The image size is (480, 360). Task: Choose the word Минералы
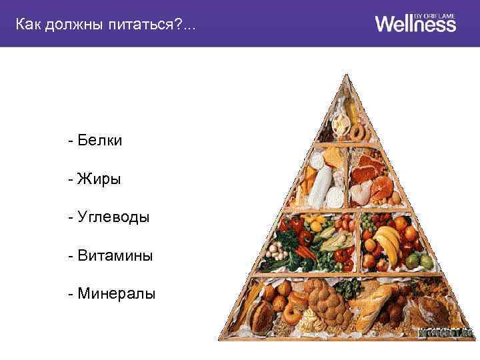point(114,293)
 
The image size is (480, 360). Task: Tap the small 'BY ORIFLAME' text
point(437,14)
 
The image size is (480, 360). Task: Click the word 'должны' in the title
point(77,25)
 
